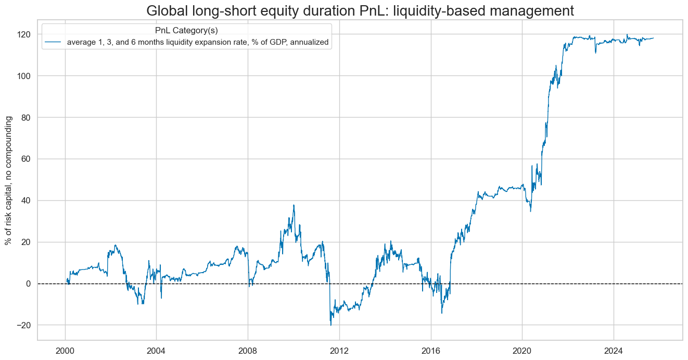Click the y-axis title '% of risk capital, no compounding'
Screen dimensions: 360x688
(x=8, y=180)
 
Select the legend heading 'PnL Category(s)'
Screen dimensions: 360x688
(x=186, y=31)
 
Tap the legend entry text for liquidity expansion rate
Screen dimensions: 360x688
(x=198, y=43)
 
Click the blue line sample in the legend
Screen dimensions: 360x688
(x=54, y=43)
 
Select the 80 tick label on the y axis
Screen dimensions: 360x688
(x=26, y=118)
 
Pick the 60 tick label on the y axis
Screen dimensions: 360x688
(x=26, y=159)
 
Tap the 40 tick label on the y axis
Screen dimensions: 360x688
(x=26, y=201)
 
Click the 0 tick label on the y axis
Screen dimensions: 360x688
(x=28, y=284)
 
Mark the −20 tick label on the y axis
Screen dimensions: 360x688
(x=24, y=326)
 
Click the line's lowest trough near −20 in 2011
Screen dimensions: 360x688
(x=331, y=325)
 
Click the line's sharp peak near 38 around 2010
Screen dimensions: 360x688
(x=294, y=205)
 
